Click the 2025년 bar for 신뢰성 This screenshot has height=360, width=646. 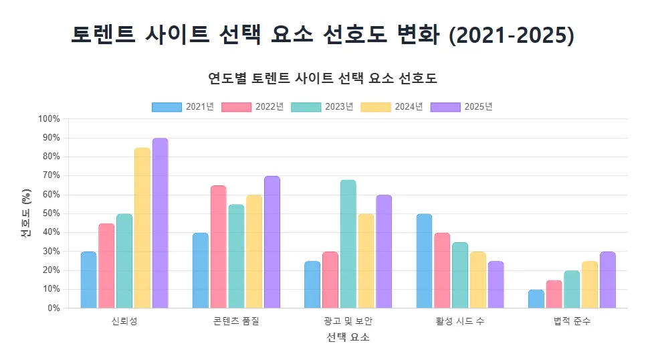point(160,223)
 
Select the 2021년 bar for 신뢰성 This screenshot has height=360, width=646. point(88,280)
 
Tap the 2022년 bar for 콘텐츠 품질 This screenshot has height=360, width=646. point(218,247)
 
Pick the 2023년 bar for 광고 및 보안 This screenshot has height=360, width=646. point(348,244)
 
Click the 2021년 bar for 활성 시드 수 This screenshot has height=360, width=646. point(424,261)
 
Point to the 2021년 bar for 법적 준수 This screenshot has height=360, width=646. point(536,299)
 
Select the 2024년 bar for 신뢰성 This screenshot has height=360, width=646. point(142,228)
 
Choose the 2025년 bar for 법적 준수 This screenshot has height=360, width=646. point(607,280)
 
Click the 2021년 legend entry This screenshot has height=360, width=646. point(183,107)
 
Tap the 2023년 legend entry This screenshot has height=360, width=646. point(322,107)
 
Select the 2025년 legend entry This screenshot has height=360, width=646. point(461,107)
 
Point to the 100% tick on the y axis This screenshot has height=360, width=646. point(49,119)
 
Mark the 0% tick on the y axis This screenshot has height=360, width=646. point(53,308)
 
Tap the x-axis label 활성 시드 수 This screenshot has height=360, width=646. point(460,321)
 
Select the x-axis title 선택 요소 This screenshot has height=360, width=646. point(348,338)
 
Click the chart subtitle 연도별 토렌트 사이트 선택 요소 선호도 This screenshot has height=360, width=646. point(322,78)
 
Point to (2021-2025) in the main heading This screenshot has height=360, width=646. point(512,35)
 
